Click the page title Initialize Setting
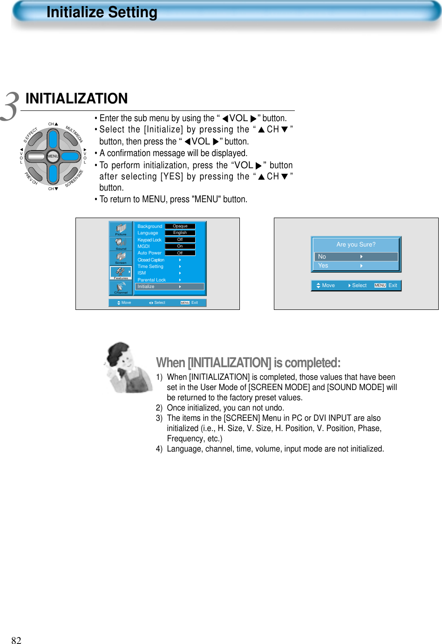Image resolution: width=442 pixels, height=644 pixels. [x=102, y=12]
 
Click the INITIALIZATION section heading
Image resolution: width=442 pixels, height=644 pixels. [x=76, y=99]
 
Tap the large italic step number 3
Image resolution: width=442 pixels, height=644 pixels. [x=10, y=107]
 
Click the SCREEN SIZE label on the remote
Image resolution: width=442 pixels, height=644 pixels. [x=74, y=178]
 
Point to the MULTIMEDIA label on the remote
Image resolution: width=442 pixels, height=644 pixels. [x=74, y=134]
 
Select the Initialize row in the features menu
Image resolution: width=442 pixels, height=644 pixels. [x=170, y=287]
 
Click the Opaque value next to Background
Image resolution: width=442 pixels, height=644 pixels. [x=180, y=226]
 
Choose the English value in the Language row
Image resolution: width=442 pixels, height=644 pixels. [x=180, y=233]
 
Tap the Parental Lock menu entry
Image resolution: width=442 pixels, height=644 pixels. [x=151, y=280]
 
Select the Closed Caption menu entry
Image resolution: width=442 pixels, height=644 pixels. [x=151, y=260]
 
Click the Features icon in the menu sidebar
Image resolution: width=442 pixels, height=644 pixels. [x=121, y=273]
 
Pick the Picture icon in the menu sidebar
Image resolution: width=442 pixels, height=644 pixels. [x=121, y=229]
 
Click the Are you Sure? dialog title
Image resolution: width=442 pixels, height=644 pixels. [x=356, y=244]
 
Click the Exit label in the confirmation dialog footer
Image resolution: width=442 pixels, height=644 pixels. [x=393, y=286]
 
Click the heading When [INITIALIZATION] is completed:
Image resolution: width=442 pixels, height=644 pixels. [x=248, y=363]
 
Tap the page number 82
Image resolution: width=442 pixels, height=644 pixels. [x=16, y=640]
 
